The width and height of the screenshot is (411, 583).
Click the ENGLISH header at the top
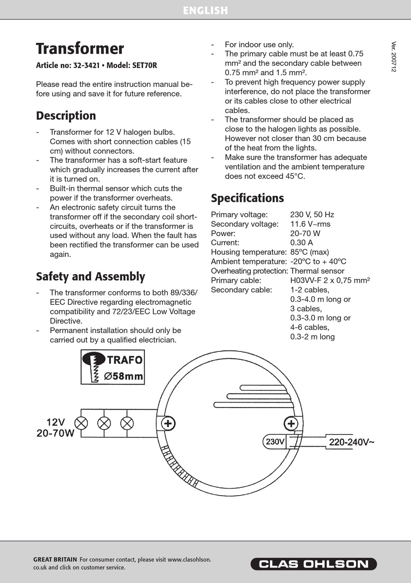(x=205, y=10)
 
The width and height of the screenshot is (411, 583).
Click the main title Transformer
(x=80, y=48)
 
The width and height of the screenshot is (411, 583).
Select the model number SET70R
(x=144, y=66)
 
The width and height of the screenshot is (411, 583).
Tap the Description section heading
(x=66, y=116)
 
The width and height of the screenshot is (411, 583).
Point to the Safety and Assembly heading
(x=90, y=277)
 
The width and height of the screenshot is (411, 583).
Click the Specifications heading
(x=247, y=198)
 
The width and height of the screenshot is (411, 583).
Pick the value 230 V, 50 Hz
(x=312, y=215)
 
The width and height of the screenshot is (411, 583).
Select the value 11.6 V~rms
(x=310, y=224)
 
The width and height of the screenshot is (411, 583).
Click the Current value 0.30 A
(x=301, y=243)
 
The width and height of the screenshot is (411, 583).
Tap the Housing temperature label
(x=248, y=252)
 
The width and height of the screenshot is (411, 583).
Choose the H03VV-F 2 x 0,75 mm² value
(x=330, y=280)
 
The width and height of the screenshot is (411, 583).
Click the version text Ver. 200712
(x=394, y=57)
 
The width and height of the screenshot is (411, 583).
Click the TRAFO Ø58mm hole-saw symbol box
(x=112, y=367)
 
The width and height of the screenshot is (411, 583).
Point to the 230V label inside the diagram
(x=275, y=442)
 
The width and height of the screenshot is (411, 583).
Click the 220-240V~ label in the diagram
(x=351, y=442)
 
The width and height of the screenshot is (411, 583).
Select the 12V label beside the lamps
(x=55, y=422)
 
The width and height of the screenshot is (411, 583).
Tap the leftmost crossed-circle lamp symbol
(x=81, y=423)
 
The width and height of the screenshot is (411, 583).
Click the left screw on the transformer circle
(x=168, y=423)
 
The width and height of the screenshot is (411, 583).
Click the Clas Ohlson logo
(x=313, y=564)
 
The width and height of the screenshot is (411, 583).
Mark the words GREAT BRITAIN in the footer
(x=55, y=560)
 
